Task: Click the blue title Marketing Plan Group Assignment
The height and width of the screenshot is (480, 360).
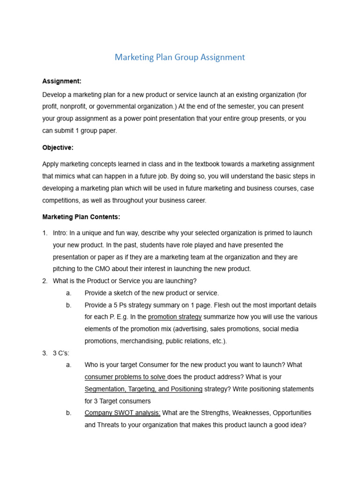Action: coord(180,57)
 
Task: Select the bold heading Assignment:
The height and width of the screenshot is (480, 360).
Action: coord(61,81)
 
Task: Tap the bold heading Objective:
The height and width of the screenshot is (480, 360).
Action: coord(58,148)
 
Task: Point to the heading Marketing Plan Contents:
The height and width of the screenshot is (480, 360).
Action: coord(81,217)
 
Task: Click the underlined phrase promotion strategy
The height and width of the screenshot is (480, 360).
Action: coord(175,317)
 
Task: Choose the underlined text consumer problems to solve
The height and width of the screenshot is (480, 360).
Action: coord(126,377)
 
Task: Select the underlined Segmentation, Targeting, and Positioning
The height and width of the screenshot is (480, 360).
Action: coord(143,389)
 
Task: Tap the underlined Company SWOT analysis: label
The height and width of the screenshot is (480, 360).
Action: coord(122,413)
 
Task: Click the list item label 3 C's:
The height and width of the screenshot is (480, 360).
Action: coord(61,353)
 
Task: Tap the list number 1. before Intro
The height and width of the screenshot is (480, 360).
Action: coord(45,233)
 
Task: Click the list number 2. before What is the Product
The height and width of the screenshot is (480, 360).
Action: coord(45,281)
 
